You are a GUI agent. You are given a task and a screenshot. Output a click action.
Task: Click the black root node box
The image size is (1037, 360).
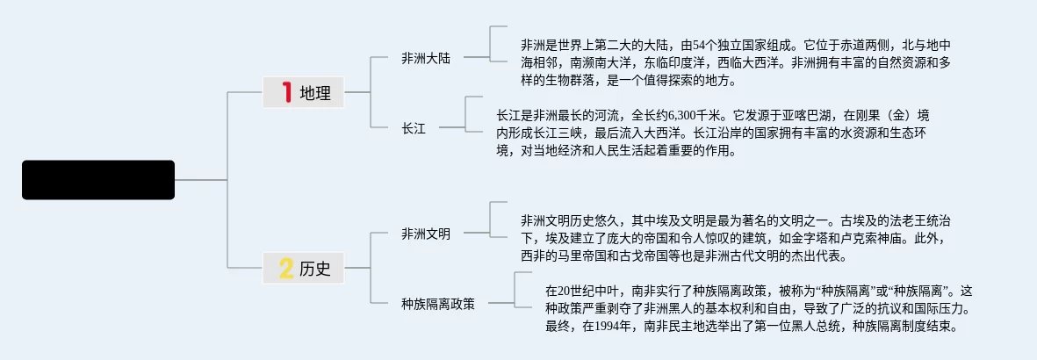pyautogui.click(x=98, y=180)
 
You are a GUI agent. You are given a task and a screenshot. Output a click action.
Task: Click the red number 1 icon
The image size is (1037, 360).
pyautogui.click(x=285, y=92)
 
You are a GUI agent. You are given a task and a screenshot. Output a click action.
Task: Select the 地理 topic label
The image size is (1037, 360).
pyautogui.click(x=315, y=93)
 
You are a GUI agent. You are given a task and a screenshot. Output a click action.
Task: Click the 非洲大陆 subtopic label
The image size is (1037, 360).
pyautogui.click(x=426, y=59)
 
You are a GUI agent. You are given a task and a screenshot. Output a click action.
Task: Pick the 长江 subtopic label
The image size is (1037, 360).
pyautogui.click(x=413, y=129)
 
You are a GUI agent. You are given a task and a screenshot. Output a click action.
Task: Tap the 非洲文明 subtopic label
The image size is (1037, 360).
pyautogui.click(x=426, y=234)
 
